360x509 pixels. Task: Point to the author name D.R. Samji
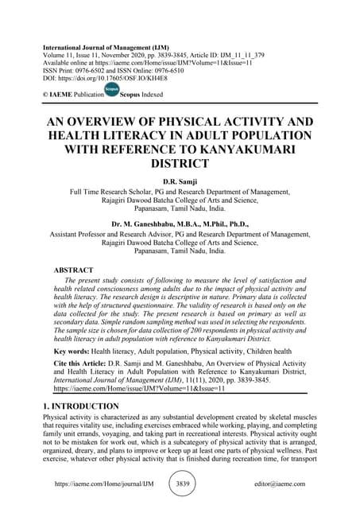(180, 182)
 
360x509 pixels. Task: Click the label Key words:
(71, 351)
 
